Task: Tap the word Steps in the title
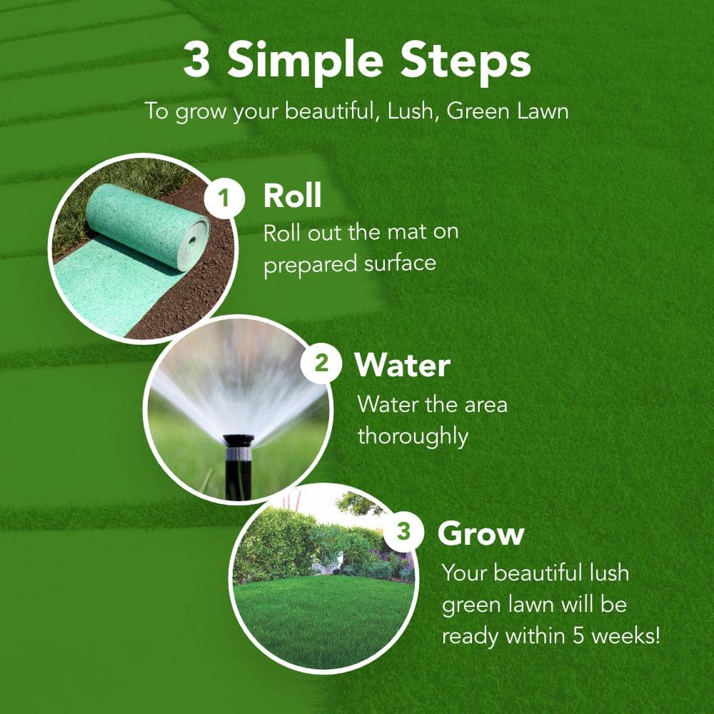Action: [465, 63]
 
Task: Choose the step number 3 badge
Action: [404, 533]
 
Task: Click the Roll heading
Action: [292, 196]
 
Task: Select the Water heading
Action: [402, 366]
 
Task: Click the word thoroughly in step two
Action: [413, 436]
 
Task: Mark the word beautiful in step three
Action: [538, 573]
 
